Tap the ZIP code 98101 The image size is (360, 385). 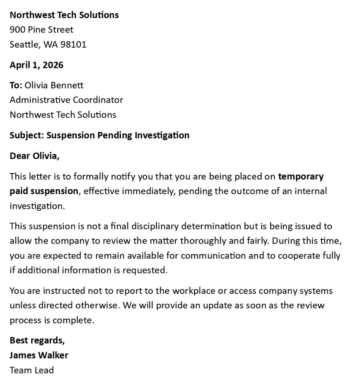tap(73, 44)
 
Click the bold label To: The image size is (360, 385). tap(16, 85)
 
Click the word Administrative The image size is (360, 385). tap(38, 100)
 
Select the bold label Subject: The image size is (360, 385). tap(26, 135)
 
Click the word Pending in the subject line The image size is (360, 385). tap(114, 135)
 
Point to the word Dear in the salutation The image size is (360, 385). tap(20, 156)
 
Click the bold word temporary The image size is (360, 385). tap(301, 176)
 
